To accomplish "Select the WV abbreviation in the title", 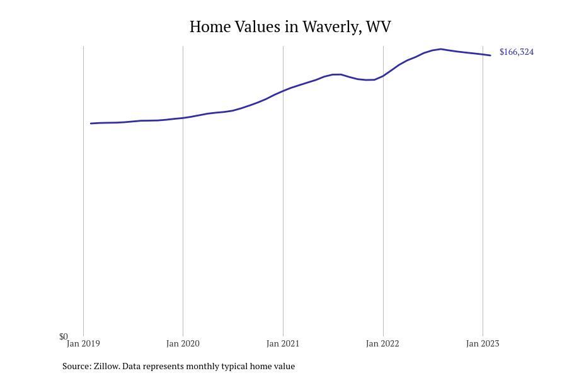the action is [x=379, y=26].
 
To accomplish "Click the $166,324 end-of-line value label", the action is [x=517, y=52].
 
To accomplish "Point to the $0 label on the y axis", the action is [x=64, y=337].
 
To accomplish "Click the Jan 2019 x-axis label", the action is [x=83, y=343].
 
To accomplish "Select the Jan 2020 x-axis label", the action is [x=183, y=343].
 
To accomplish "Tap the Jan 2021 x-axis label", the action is [x=283, y=343].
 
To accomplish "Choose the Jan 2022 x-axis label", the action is [x=382, y=343].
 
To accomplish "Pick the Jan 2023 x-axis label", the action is [x=483, y=343].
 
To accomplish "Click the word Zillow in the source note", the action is [x=106, y=366].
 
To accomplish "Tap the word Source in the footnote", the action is [x=77, y=366].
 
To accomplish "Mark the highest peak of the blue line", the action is [x=440, y=49].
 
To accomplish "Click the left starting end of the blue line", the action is [x=90, y=123].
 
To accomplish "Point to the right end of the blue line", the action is [x=490, y=55].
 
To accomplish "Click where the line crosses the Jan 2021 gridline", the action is [x=283, y=91].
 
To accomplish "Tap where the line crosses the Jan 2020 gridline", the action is [x=183, y=118].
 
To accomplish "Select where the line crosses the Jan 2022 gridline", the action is [x=383, y=76].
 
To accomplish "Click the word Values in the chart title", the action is [x=258, y=26].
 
